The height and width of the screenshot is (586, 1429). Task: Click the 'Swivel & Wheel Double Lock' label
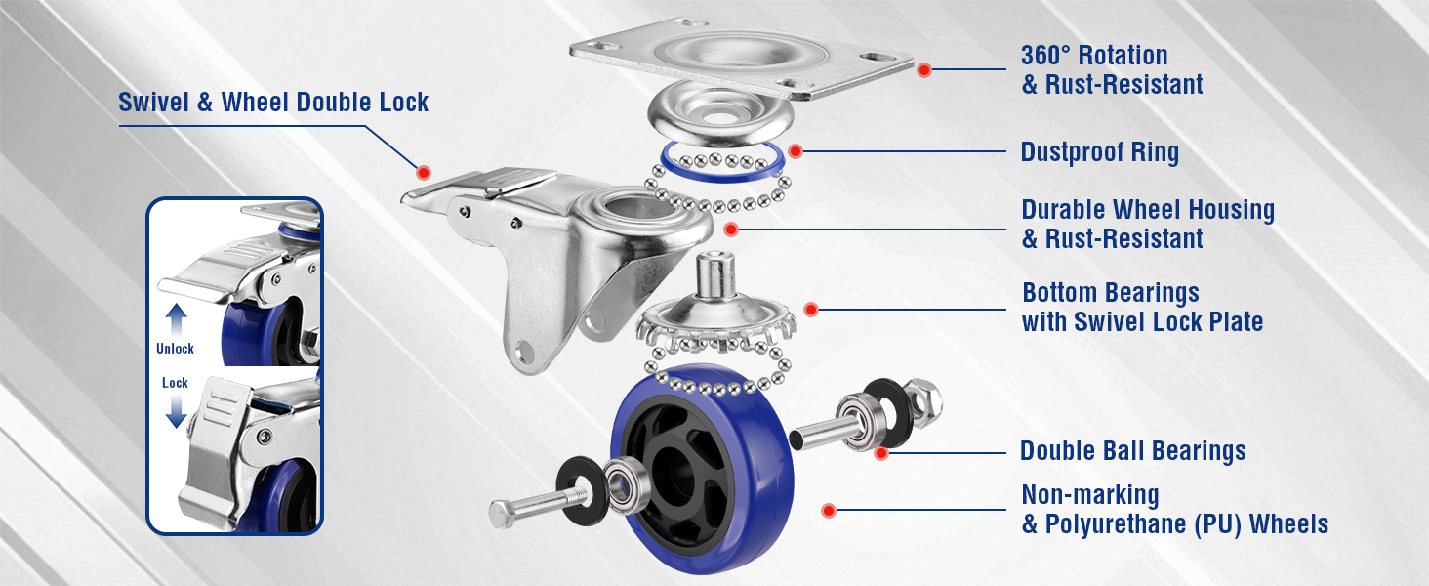[x=273, y=103]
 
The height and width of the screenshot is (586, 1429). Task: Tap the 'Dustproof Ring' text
[x=1100, y=152]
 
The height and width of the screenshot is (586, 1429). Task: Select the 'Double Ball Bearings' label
[x=1133, y=450]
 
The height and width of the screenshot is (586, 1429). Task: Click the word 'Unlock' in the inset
[x=175, y=349]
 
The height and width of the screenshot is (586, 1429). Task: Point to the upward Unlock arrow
[x=176, y=320]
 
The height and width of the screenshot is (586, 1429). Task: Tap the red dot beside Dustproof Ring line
[x=795, y=151]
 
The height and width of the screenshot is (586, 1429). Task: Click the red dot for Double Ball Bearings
[x=881, y=453]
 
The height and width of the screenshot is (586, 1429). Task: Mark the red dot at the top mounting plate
[x=923, y=70]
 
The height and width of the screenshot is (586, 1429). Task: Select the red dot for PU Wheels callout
[x=828, y=510]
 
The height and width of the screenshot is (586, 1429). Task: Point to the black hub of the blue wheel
[x=676, y=473]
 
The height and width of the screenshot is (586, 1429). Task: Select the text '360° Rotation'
[x=1095, y=56]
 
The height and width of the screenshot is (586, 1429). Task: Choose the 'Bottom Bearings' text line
[x=1111, y=293]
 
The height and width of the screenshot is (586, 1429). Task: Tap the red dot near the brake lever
[x=423, y=172]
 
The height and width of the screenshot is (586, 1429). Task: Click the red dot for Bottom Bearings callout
[x=811, y=310]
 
